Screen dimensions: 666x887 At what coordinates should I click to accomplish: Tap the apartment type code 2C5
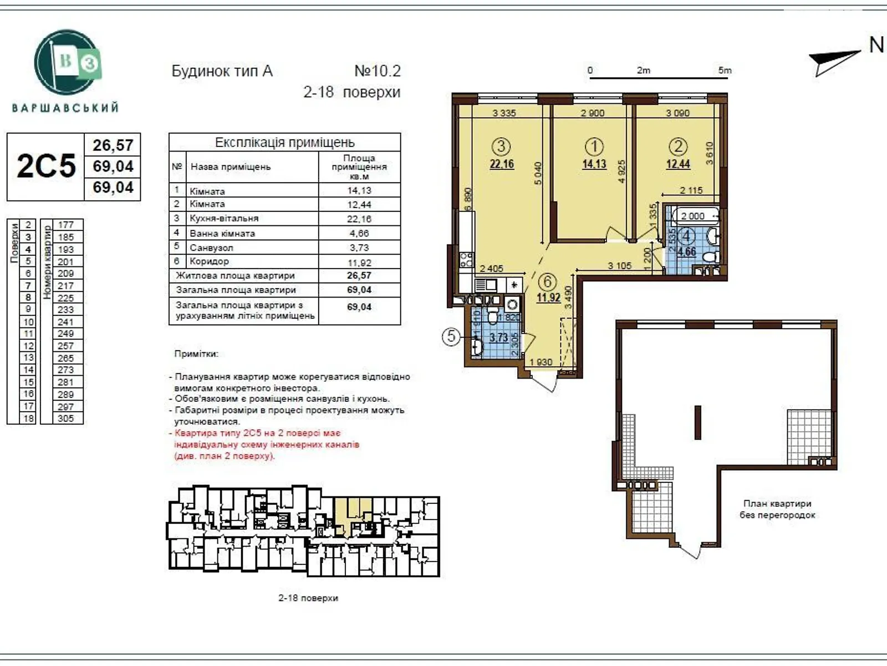coord(45,166)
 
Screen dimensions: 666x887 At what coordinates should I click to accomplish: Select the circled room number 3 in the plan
coord(501,147)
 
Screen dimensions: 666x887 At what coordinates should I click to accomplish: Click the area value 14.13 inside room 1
coord(594,164)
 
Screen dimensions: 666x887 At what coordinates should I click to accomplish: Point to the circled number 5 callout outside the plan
coord(451,336)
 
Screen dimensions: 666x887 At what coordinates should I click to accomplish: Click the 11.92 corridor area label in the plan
coord(548,297)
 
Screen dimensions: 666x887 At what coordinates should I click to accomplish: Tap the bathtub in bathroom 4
coord(693,216)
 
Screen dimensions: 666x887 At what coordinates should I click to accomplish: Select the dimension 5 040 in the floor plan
coord(538,173)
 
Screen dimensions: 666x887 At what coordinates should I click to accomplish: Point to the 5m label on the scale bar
coord(724,70)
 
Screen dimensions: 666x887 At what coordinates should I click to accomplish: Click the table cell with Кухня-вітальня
coord(224,219)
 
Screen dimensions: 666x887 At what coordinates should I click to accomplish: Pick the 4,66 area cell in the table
coord(359,233)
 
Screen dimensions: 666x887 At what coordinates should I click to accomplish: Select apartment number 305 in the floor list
coord(65,418)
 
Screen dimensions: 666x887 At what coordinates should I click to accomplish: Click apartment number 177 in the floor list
coord(65,225)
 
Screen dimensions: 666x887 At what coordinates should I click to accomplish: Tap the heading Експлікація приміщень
coord(284,143)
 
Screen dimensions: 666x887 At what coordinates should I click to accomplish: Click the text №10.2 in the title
coord(377,71)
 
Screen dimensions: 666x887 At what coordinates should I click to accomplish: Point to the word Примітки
coord(196,354)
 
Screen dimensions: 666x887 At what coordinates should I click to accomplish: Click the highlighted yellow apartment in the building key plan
coord(349,513)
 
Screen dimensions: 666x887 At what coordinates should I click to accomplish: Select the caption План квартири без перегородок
coord(777,509)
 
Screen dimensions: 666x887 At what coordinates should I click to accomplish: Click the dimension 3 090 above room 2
coord(677,113)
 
